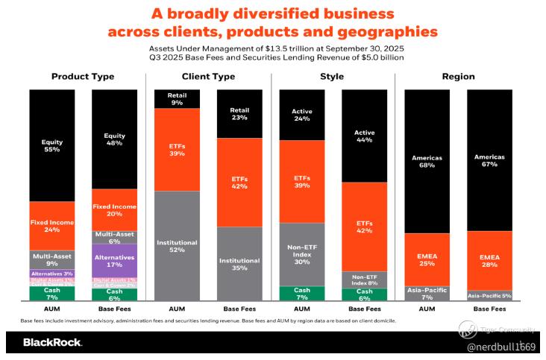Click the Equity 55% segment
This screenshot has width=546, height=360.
click(x=51, y=145)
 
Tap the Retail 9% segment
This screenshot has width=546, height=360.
click(x=177, y=98)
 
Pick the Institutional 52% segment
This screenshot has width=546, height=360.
click(x=177, y=245)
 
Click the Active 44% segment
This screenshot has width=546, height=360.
click(x=364, y=136)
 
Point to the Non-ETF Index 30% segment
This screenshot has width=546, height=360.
click(x=301, y=254)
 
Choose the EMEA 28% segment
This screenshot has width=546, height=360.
click(x=489, y=260)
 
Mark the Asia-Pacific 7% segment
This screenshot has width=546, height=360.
click(x=427, y=293)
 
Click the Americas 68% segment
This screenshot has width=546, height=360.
click(x=427, y=161)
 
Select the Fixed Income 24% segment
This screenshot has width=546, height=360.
click(x=51, y=226)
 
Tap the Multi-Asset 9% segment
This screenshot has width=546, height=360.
click(x=51, y=259)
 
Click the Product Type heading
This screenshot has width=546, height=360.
click(x=82, y=77)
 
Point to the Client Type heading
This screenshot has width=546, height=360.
click(x=208, y=77)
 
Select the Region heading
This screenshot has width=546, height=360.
click(x=458, y=77)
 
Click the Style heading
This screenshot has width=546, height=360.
click(x=332, y=77)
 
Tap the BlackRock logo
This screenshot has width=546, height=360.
click(x=52, y=343)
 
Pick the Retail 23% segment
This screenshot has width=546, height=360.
click(x=239, y=113)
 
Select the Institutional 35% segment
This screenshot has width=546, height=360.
click(x=239, y=264)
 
